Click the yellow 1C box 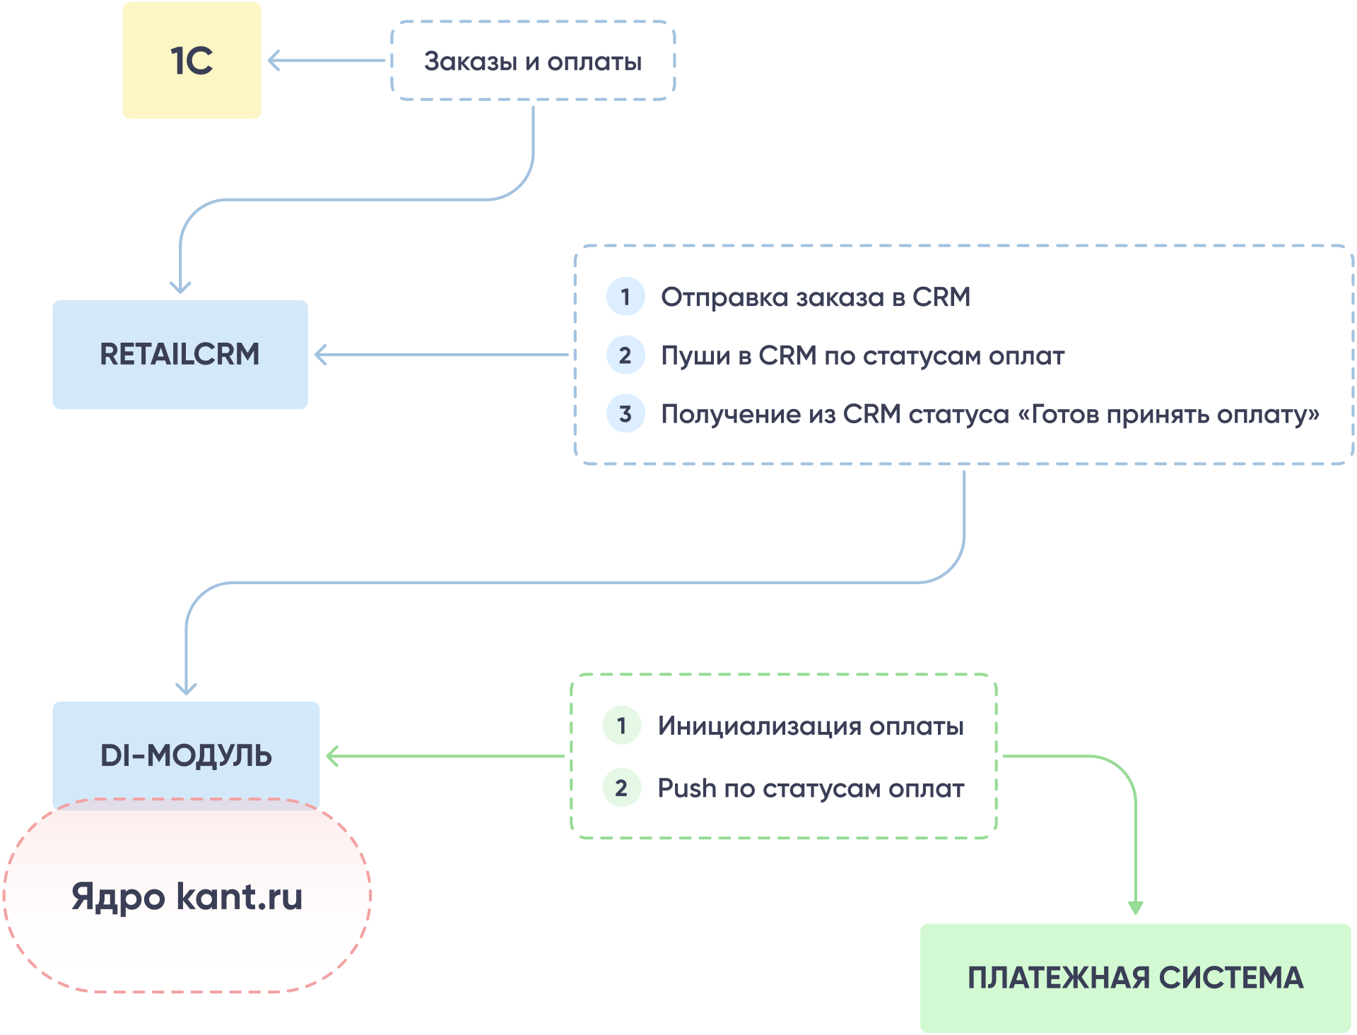pyautogui.click(x=192, y=61)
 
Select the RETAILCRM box pyautogui.click(x=180, y=354)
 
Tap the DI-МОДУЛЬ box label pyautogui.click(x=186, y=755)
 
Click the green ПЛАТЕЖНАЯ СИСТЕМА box pyautogui.click(x=1135, y=978)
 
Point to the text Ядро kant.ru pyautogui.click(x=187, y=897)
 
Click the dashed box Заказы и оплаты pyautogui.click(x=533, y=61)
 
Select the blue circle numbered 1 pyautogui.click(x=625, y=297)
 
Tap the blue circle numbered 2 pyautogui.click(x=625, y=355)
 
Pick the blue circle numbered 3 pyautogui.click(x=625, y=413)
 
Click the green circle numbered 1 pyautogui.click(x=621, y=726)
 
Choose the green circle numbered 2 pyautogui.click(x=621, y=788)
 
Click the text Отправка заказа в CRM pyautogui.click(x=815, y=297)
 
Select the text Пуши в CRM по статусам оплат pyautogui.click(x=862, y=355)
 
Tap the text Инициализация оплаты pyautogui.click(x=811, y=726)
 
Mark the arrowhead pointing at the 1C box pyautogui.click(x=273, y=61)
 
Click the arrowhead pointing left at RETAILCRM pyautogui.click(x=319, y=355)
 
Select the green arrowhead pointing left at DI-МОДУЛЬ pyautogui.click(x=331, y=756)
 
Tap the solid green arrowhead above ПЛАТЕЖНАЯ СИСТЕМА pyautogui.click(x=1135, y=908)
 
